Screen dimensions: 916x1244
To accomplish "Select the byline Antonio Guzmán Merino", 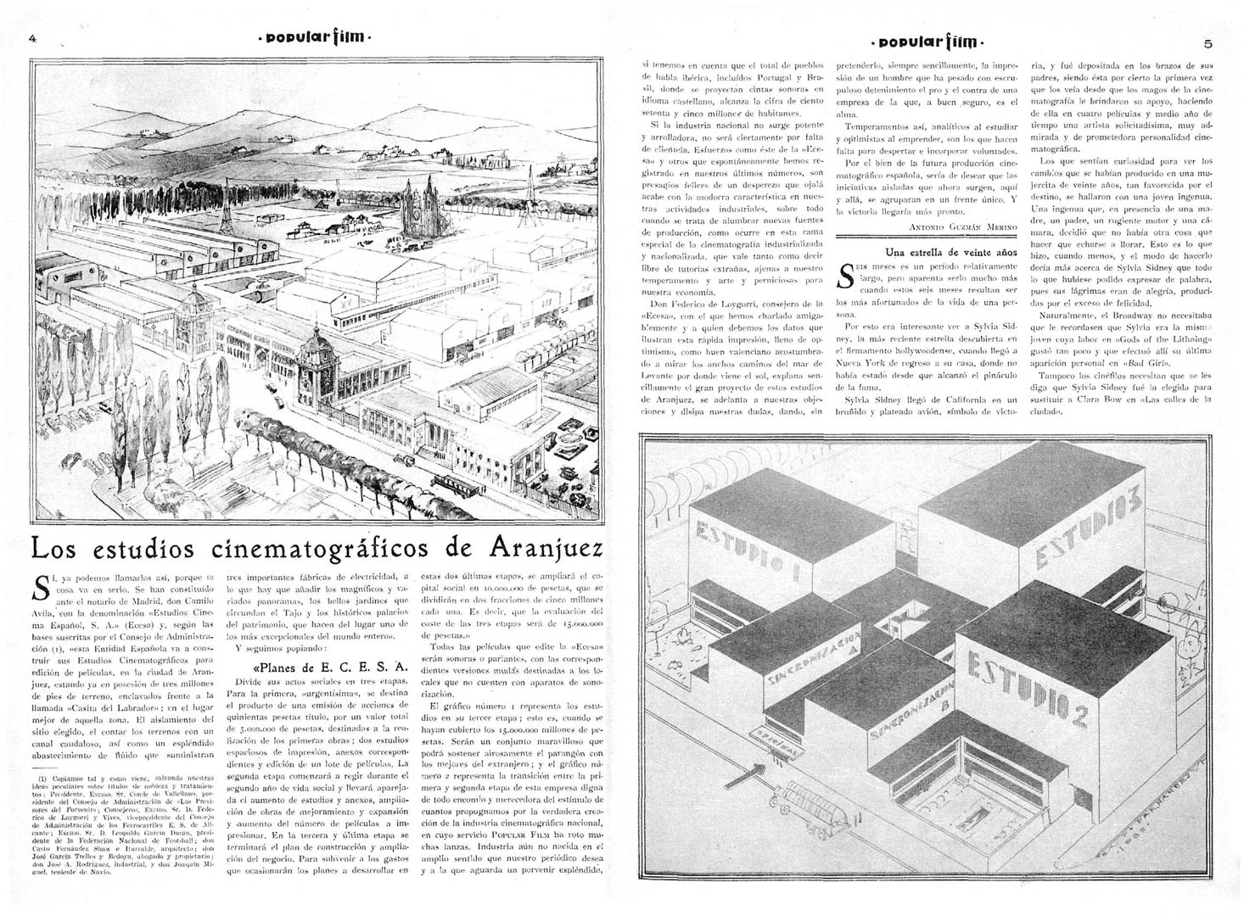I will point(962,226).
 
